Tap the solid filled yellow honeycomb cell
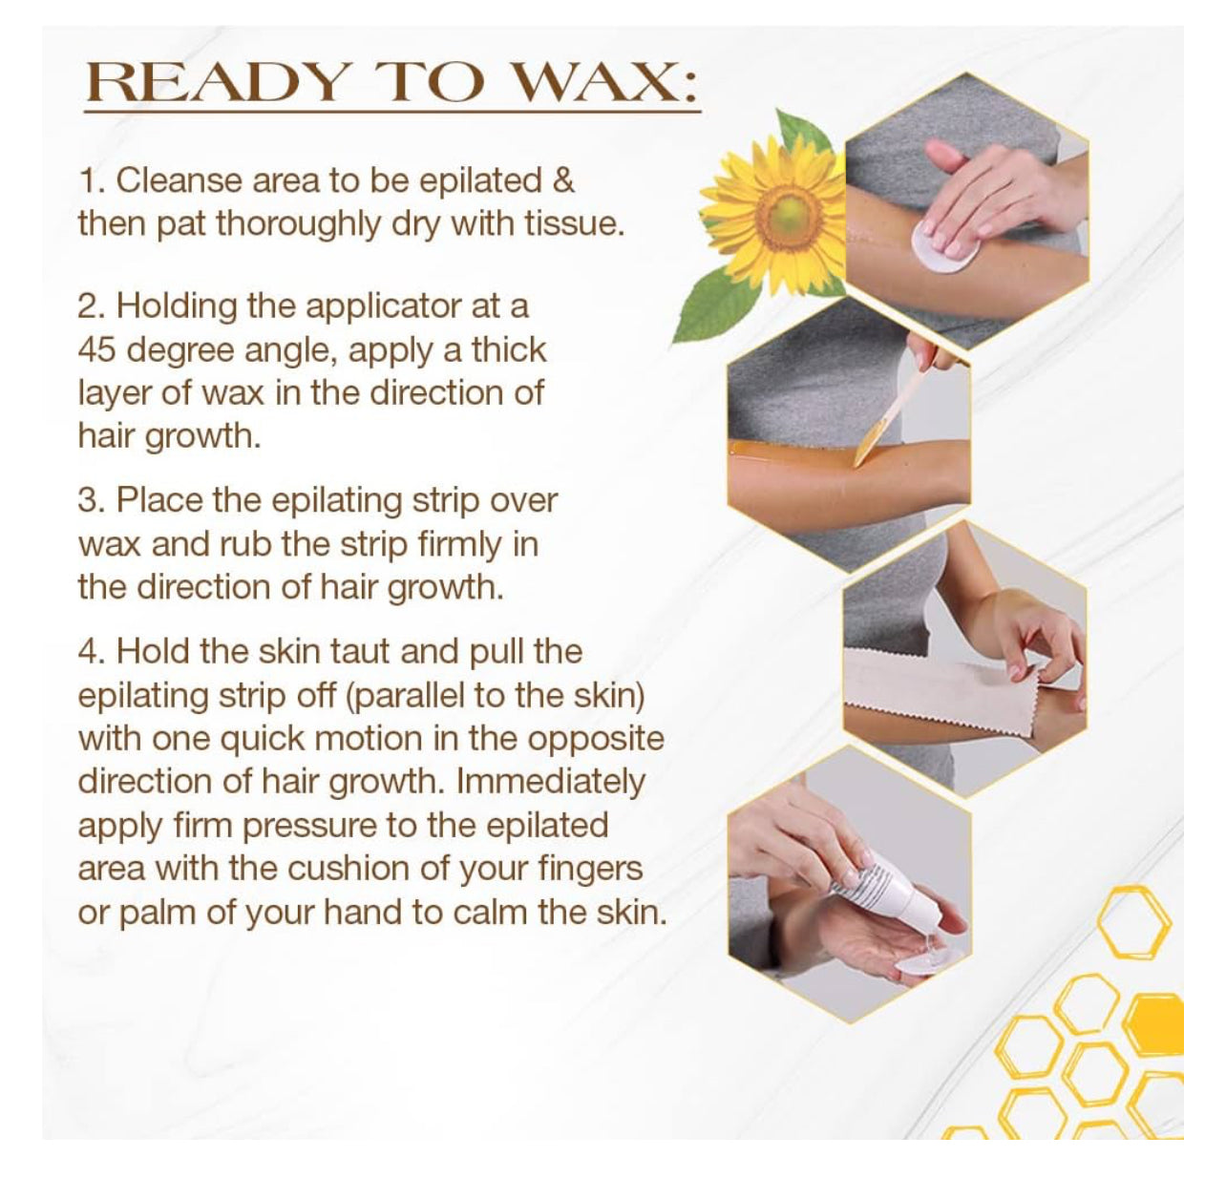click(1154, 1023)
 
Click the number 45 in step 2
click(96, 349)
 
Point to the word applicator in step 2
click(384, 306)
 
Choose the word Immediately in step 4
click(551, 781)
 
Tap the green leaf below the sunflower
click(715, 303)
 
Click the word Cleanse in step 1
click(179, 180)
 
